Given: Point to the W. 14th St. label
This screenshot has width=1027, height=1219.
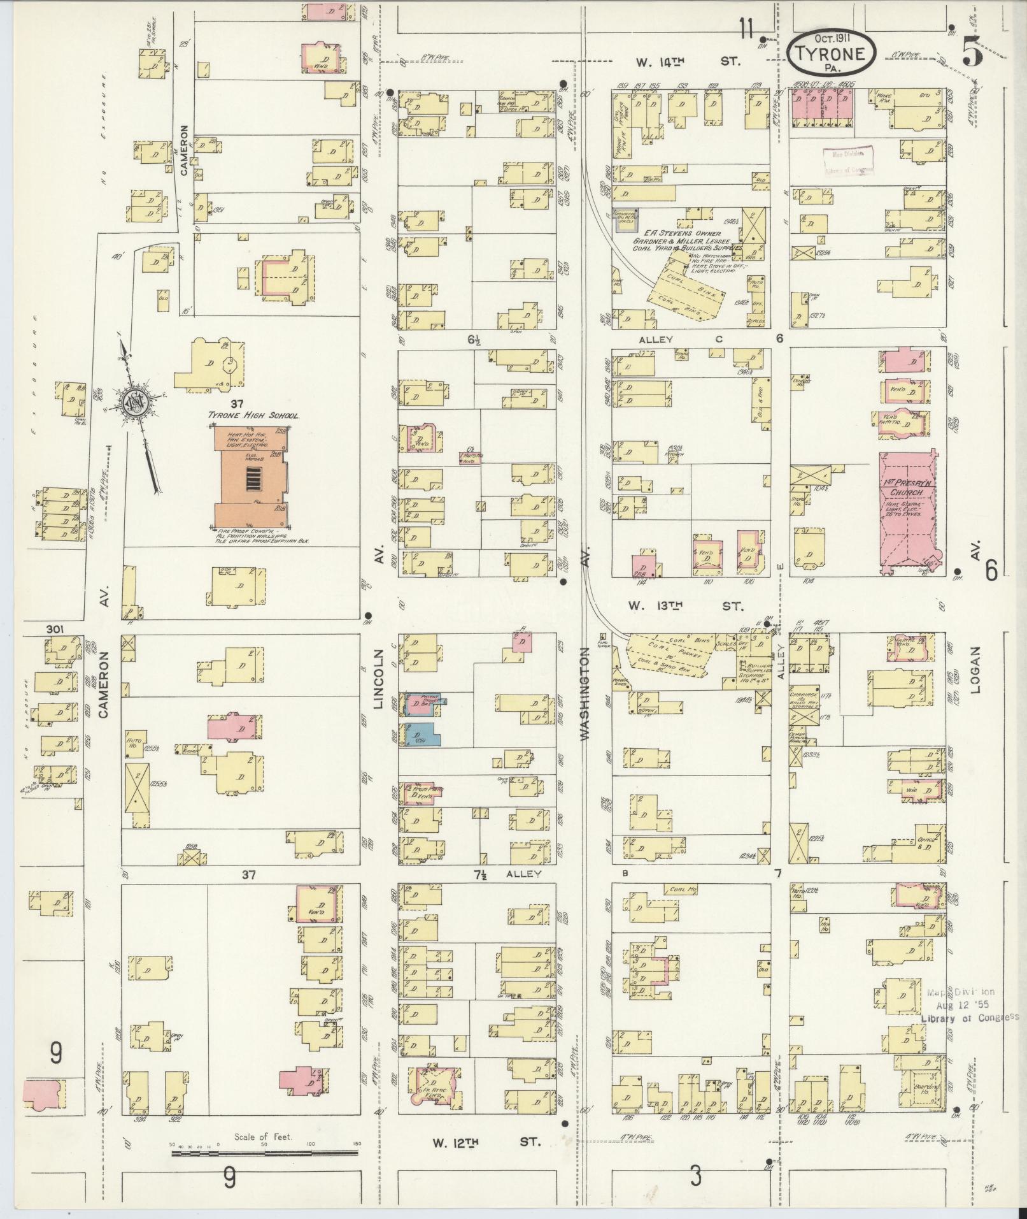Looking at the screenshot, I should (689, 62).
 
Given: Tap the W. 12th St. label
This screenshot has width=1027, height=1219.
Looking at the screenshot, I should (486, 1142).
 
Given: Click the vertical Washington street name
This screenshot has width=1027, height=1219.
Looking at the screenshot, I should (585, 698).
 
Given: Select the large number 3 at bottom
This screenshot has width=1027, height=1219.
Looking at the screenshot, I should (695, 1176).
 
